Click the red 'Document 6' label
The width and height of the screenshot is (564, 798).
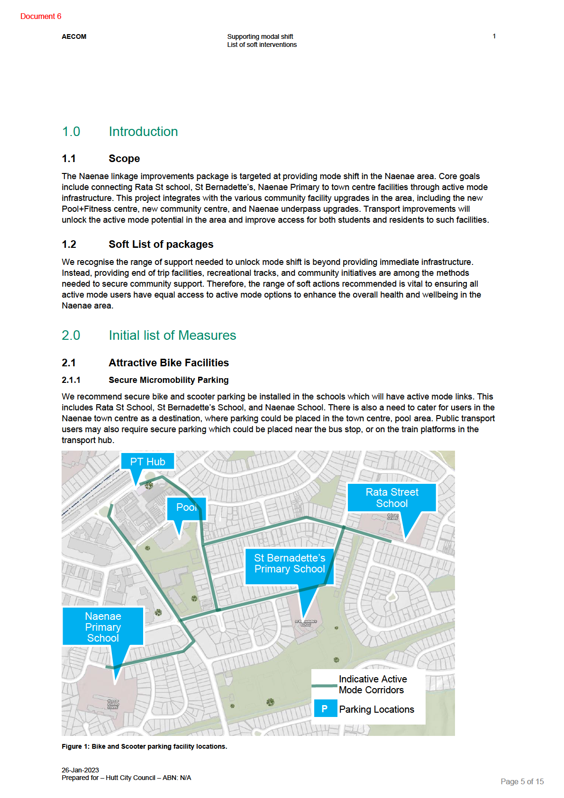[41, 16]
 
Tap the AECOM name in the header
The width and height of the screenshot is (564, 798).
[74, 36]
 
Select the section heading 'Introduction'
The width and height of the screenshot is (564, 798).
[143, 131]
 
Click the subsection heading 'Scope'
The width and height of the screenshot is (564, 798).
[124, 158]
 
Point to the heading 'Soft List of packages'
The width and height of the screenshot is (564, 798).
[161, 244]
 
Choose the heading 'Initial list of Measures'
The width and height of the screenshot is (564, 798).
[172, 335]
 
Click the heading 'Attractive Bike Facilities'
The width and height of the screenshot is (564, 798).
[168, 363]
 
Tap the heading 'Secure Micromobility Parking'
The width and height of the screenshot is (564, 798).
[168, 380]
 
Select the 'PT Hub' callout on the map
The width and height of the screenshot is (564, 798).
[147, 462]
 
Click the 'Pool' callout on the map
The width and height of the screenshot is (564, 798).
[186, 508]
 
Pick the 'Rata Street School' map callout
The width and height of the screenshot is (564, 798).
[391, 498]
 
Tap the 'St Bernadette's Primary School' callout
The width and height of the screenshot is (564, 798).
[289, 563]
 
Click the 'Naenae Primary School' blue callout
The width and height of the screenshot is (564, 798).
[103, 626]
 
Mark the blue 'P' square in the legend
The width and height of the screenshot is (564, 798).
[325, 709]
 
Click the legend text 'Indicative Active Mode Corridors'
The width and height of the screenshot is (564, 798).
[373, 684]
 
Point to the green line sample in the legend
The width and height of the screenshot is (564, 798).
[324, 685]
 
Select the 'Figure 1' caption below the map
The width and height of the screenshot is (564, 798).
[144, 746]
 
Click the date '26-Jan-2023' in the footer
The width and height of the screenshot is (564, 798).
[80, 770]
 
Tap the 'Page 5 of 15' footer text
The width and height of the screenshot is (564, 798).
[522, 781]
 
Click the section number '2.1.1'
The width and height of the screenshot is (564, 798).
[71, 380]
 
